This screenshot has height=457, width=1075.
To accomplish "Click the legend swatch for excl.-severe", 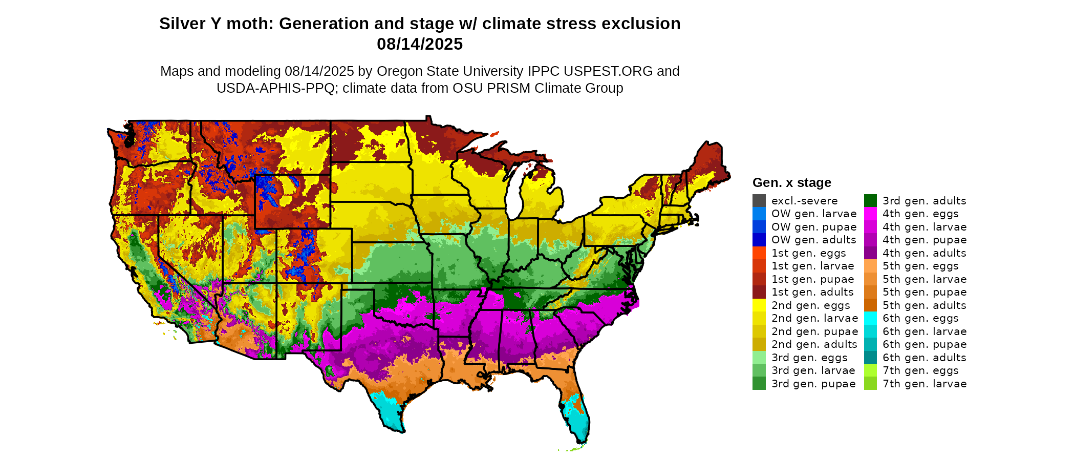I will tap(759, 201).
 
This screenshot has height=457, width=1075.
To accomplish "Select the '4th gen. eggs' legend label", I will tap(920, 214).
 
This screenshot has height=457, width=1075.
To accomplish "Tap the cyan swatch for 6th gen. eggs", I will tap(870, 318).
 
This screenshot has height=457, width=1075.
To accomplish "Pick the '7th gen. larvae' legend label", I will tap(924, 384).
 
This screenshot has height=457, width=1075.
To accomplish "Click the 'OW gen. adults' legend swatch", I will tap(759, 240).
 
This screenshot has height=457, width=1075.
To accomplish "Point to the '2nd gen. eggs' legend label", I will tap(811, 305).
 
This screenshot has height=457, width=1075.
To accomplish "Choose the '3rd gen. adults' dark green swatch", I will tap(870, 201).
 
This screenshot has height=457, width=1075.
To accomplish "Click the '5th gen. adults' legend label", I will tap(924, 305).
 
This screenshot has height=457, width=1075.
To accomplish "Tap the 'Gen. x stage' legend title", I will tap(791, 182).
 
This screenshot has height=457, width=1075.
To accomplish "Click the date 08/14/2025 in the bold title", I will tap(420, 44).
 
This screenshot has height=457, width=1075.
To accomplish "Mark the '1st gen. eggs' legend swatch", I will tap(759, 253).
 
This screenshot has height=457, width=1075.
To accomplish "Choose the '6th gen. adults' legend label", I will tap(924, 358).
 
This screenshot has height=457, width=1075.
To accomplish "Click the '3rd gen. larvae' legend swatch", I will tap(759, 370).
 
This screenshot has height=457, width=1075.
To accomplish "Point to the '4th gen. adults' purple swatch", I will tap(870, 253).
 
